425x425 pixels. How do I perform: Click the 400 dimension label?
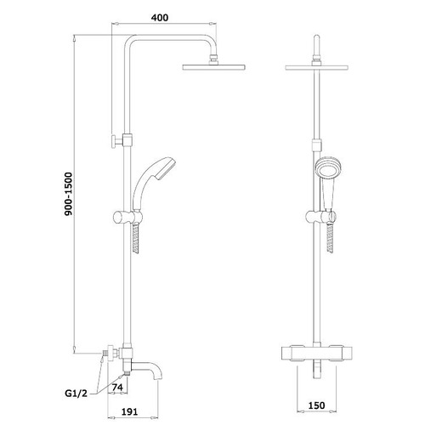point(160,18)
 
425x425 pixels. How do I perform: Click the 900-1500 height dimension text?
point(69,194)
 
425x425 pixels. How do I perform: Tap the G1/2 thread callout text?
point(76,394)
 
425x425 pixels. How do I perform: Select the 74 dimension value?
point(117,387)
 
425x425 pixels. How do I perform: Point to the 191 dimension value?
point(129,411)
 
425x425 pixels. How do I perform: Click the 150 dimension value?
point(316,405)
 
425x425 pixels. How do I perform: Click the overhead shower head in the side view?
point(214,67)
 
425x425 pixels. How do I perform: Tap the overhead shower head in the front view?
point(316,68)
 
